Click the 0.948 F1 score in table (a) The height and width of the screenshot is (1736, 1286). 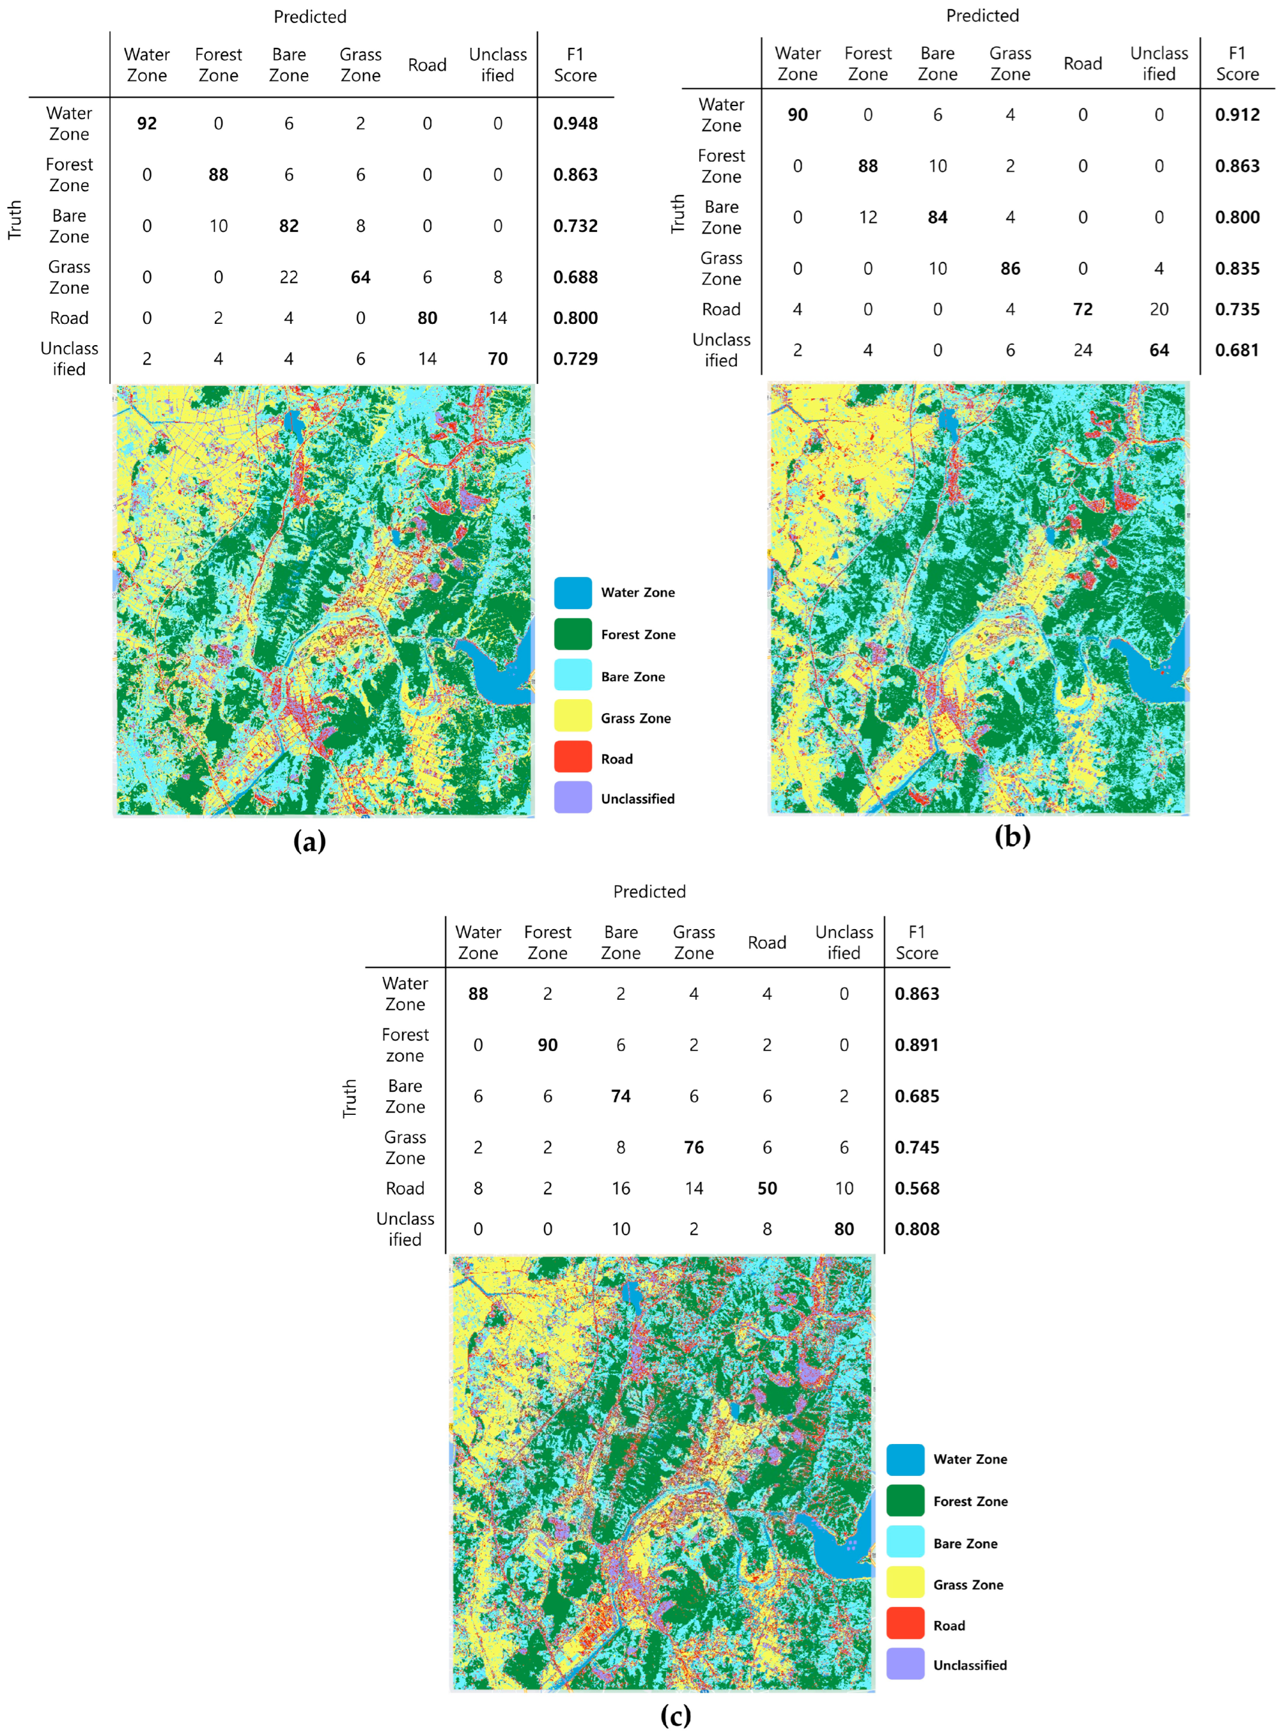tap(575, 124)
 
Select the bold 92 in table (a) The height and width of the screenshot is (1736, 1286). tap(146, 124)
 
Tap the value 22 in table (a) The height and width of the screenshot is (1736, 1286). tap(289, 277)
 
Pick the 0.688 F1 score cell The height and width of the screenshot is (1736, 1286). tap(575, 277)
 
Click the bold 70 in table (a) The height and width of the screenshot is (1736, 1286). tap(497, 359)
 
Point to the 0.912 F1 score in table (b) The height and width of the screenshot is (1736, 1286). tap(1237, 115)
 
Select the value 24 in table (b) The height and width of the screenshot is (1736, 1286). tap(1083, 350)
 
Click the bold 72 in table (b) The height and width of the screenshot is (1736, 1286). tap(1083, 310)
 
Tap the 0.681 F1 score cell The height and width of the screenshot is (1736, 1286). tap(1237, 350)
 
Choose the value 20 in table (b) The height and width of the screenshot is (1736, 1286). tap(1159, 310)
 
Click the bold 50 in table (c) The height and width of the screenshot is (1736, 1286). tap(767, 1189)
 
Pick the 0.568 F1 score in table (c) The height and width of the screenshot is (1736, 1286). tap(917, 1189)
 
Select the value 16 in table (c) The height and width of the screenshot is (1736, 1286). tap(621, 1189)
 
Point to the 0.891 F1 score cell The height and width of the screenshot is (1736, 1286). tap(917, 1045)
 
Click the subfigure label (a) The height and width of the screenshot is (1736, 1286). tap(309, 842)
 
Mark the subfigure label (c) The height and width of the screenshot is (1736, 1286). tap(675, 1716)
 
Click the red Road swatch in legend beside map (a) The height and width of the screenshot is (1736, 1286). tap(573, 757)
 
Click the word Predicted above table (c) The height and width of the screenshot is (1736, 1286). tap(649, 891)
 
